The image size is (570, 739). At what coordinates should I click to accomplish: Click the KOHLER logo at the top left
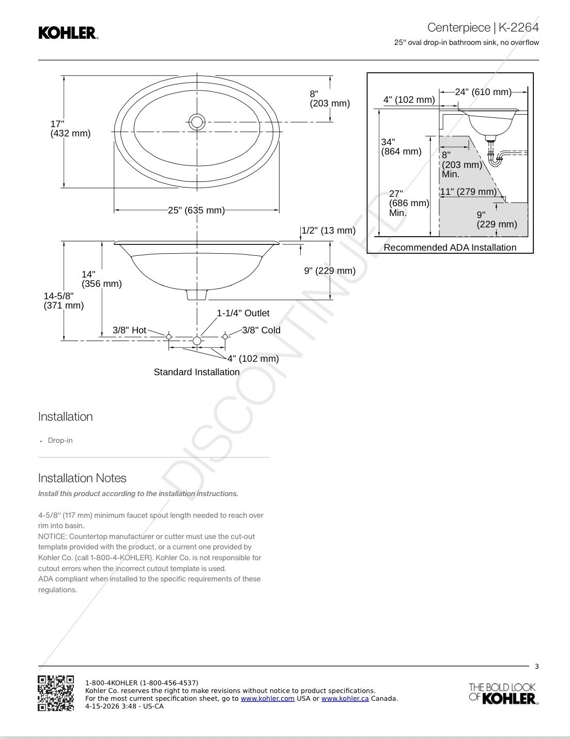point(68,33)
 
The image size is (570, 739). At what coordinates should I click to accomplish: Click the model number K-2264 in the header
point(519,27)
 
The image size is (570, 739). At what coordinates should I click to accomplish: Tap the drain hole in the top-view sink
point(197,122)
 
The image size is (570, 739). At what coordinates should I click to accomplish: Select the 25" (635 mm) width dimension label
point(196,210)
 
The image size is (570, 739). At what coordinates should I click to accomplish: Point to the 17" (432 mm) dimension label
point(70,129)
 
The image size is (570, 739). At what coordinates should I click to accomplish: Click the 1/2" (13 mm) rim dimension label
point(329,230)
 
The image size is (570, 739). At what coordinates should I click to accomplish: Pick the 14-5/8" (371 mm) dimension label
point(64,301)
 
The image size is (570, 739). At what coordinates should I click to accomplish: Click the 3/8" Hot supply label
point(129,330)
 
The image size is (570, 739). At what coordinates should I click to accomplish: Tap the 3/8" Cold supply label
point(261,330)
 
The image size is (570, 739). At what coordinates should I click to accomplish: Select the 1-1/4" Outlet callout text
point(243,313)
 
